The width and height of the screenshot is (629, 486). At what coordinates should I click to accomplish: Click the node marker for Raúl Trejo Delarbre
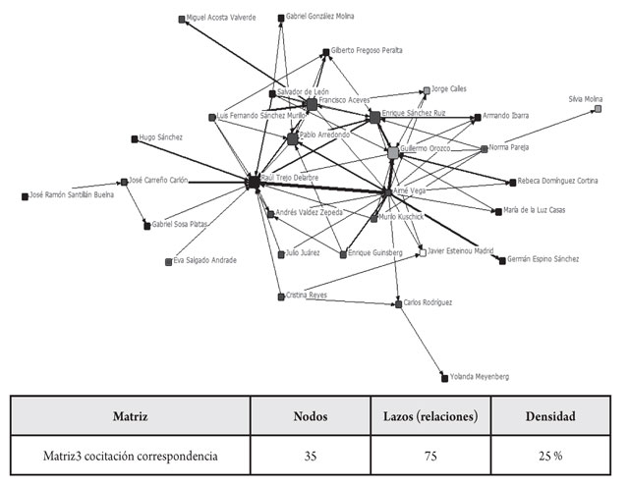point(253,182)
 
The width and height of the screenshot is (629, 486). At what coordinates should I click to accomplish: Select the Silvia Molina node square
point(598,109)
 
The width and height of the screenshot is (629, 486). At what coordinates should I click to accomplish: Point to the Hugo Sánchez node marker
point(134,138)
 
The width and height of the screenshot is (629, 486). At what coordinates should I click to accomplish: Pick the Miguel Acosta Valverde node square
point(182,18)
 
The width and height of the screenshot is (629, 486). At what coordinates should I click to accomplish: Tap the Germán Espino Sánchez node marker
point(502,260)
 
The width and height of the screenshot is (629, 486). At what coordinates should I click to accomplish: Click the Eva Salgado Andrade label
point(204,260)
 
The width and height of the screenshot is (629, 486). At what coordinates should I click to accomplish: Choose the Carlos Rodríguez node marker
point(399,303)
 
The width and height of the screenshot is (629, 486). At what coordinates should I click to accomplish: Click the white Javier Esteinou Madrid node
point(422,252)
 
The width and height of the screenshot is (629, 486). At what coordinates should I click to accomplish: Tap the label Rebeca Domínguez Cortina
point(557,182)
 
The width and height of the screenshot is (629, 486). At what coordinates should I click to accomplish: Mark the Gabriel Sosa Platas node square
point(146,225)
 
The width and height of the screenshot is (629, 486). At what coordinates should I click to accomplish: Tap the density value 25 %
point(555,456)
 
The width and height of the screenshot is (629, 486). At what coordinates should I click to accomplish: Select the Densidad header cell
point(555,416)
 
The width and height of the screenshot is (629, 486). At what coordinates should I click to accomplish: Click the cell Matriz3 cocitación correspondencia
point(131,456)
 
